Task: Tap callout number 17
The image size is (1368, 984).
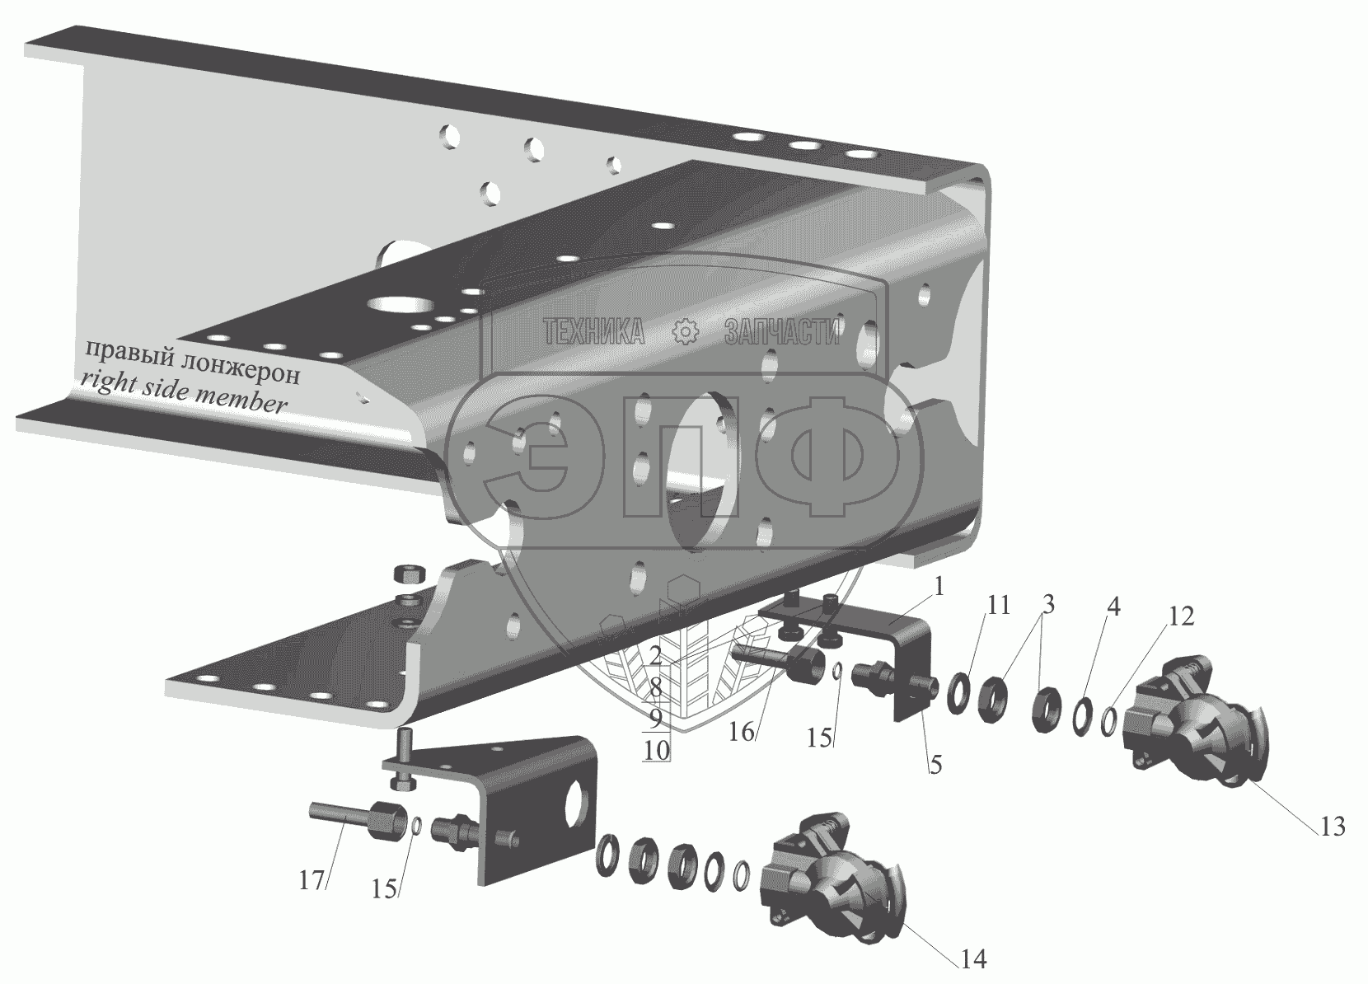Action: [x=312, y=880]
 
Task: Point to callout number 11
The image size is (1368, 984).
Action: [x=998, y=607]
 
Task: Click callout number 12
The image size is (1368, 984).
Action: [x=1181, y=616]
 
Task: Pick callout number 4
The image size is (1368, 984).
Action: [x=1113, y=608]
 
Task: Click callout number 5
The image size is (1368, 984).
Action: [x=935, y=764]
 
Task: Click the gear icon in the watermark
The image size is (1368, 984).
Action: [x=685, y=330]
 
